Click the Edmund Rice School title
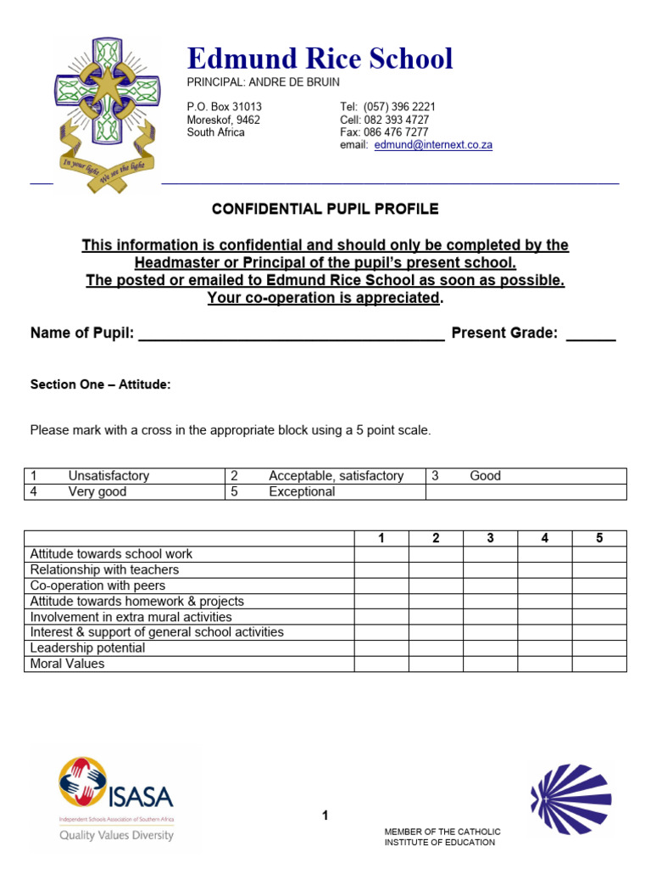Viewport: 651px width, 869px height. tap(320, 59)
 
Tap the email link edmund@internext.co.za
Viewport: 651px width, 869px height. tap(432, 145)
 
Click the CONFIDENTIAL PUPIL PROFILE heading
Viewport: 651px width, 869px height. tap(325, 209)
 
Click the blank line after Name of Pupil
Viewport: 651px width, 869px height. tap(291, 335)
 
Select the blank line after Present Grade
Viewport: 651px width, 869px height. tap(590, 335)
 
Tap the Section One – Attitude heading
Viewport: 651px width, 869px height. tap(100, 384)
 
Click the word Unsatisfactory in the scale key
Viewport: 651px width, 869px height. tap(108, 476)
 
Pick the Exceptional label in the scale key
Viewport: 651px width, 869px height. tap(302, 491)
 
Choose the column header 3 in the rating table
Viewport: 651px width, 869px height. tap(490, 538)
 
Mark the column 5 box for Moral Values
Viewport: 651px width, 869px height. tap(599, 664)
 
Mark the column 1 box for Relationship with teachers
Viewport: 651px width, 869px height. tap(381, 570)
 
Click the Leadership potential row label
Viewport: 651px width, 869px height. tap(87, 648)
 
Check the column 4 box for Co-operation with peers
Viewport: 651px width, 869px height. tap(544, 586)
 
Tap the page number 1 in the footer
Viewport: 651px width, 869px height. tap(325, 816)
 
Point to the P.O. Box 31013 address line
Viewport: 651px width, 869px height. tap(225, 107)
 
